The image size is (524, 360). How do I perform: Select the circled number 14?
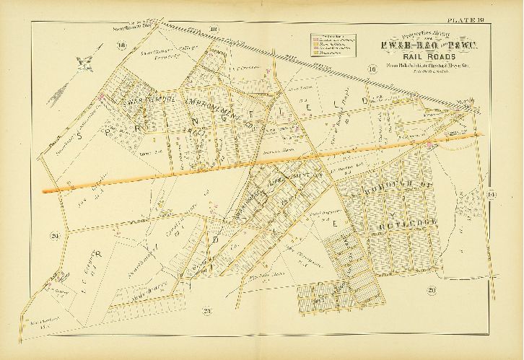point(491,193)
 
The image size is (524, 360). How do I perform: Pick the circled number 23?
point(206,311)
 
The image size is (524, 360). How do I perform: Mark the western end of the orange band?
point(45,190)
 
